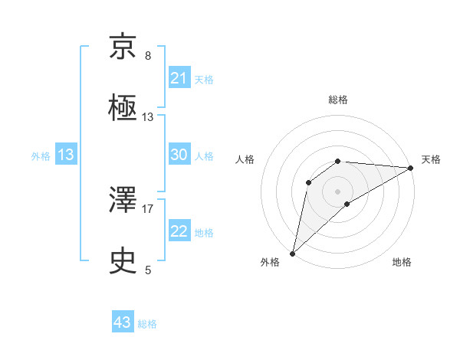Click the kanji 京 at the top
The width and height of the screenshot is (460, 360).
pos(124,48)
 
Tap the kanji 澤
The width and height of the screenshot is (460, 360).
pos(124,201)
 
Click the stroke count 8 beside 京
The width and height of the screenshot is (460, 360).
pos(148,56)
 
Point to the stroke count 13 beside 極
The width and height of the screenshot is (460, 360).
pos(148,117)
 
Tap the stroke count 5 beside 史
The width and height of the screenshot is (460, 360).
pos(148,270)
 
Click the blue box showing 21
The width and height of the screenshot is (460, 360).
pos(179,78)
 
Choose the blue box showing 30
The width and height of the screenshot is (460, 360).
pos(179,155)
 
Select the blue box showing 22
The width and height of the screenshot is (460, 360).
pos(179,231)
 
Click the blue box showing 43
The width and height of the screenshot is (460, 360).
pos(123,322)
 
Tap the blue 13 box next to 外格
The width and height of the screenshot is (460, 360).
pos(66,155)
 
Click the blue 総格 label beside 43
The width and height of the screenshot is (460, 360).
pos(147,324)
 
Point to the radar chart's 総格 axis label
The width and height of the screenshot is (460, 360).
pos(338,100)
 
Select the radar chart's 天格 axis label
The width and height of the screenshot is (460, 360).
pos(431,159)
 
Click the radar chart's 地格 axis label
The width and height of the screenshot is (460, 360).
pos(402,262)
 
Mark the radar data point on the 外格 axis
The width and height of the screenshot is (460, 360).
pos(292,254)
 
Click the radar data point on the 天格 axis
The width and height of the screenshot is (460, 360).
pos(411,168)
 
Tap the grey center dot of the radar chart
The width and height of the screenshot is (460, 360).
pos(338,191)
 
